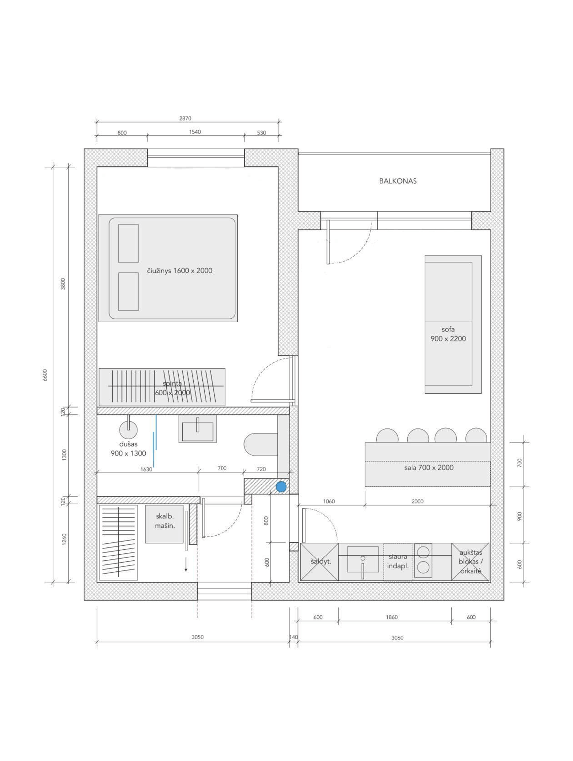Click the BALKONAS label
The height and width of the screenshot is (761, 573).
pos(398,181)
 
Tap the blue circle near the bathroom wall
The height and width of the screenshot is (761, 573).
pos(281,487)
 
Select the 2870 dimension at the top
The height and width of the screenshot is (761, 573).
pos(185,118)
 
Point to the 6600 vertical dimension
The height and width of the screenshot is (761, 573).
pos(45,375)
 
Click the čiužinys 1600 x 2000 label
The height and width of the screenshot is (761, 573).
pos(179,271)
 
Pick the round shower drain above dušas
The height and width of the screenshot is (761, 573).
pos(128,430)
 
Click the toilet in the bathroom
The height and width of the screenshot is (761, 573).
pos(261,444)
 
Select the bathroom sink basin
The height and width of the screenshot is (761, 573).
pos(198,428)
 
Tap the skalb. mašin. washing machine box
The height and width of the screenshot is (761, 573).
pos(164,524)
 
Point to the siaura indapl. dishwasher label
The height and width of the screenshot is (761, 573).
pos(398,561)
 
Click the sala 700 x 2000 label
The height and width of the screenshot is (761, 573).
pos(428,468)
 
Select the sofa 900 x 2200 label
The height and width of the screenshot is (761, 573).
pos(448,334)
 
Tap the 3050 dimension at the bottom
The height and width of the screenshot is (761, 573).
pos(198,637)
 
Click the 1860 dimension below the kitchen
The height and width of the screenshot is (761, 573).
pos(392,617)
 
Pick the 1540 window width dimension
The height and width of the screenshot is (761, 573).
pos(195,132)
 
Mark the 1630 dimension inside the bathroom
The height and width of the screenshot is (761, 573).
pos(146,469)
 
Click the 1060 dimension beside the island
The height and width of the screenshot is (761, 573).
pos(329,501)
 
